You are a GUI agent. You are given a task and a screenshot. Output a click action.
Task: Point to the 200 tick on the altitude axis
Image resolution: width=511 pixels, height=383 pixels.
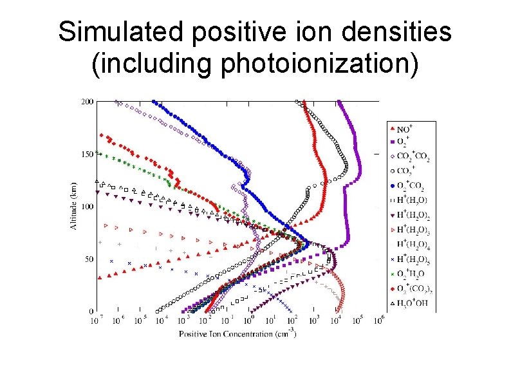[x=86, y=102]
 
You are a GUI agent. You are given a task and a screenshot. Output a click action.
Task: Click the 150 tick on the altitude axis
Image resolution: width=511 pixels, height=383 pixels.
[x=86, y=154]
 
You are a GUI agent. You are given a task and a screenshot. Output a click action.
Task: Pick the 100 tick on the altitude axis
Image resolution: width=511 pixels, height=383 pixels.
[x=86, y=207]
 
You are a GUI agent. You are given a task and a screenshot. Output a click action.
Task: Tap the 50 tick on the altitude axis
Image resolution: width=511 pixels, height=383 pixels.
[x=88, y=259]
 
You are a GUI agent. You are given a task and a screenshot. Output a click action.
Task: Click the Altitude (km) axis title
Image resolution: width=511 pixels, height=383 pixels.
[x=72, y=206]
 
